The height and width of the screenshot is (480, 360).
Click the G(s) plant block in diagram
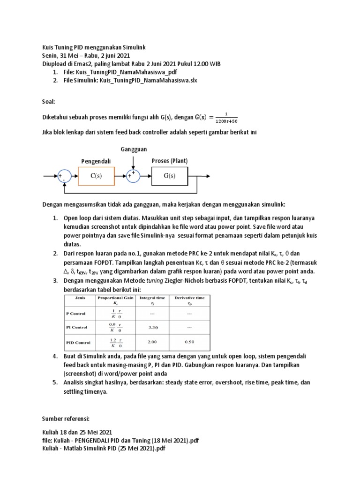pos(169,176)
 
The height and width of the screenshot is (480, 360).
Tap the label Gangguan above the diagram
pos(134,149)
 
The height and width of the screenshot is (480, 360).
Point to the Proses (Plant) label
pos(169,161)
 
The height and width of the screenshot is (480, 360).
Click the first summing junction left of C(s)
pos(64,176)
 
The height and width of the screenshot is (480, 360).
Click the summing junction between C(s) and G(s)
pos(133,176)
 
